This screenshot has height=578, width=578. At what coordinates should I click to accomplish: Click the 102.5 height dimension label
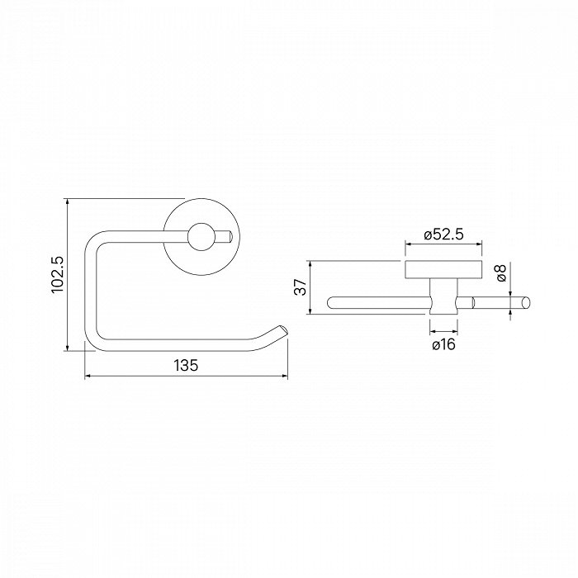[x=58, y=275]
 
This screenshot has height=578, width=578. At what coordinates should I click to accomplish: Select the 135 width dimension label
[x=186, y=365]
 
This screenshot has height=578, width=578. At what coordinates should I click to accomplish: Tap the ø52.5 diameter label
[x=443, y=235]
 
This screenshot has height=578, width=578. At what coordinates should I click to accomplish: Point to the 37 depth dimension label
[x=301, y=287]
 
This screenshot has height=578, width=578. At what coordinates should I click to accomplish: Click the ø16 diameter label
[x=443, y=344]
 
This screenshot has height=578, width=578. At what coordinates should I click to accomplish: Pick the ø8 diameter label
[x=501, y=272]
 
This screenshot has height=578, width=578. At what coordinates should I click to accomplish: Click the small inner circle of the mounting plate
[x=201, y=237]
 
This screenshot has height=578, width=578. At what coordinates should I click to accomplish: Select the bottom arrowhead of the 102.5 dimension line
[x=67, y=348]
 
